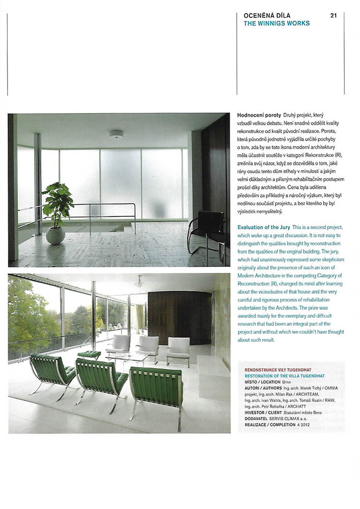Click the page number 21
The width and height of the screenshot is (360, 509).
click(334, 15)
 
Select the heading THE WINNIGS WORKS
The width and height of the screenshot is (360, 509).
click(276, 23)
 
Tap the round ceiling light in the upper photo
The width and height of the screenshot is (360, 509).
click(116, 134)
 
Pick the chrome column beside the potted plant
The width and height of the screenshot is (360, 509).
click(37, 183)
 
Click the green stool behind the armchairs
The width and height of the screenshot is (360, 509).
click(89, 354)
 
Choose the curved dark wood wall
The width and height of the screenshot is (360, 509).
click(179, 318)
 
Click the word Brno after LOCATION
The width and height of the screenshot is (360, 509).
click(287, 381)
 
